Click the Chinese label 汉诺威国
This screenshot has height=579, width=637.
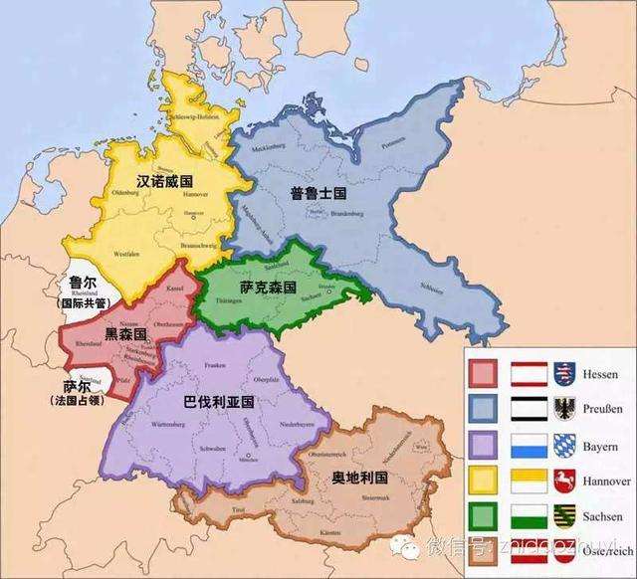pyautogui.click(x=164, y=181)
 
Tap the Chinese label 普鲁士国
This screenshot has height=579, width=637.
pyautogui.click(x=316, y=193)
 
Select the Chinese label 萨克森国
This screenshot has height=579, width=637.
pyautogui.click(x=268, y=286)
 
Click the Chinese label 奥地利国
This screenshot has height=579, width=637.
pyautogui.click(x=360, y=479)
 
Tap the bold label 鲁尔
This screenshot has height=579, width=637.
pyautogui.click(x=83, y=283)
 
